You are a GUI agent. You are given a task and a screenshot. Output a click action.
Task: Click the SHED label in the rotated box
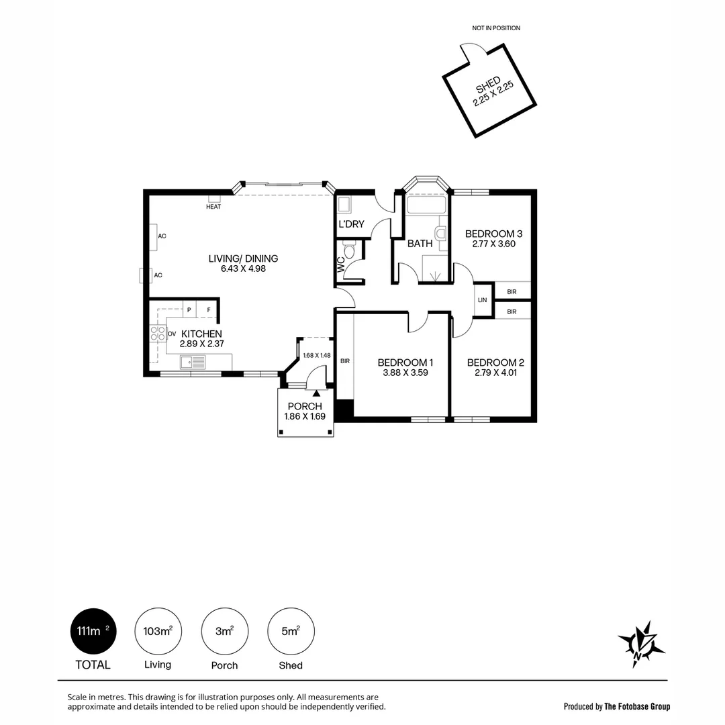[x=487, y=85]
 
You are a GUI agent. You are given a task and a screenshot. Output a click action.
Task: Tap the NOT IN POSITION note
[x=496, y=28]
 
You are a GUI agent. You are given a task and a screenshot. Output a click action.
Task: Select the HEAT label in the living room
[x=213, y=207]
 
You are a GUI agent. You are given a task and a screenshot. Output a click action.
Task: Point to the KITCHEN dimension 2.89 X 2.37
[x=201, y=344]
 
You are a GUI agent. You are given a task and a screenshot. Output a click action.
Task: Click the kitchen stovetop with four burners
[x=158, y=334]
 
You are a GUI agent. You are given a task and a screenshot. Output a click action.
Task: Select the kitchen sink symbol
[x=193, y=362]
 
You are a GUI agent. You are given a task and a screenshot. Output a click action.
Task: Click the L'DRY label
[x=351, y=224]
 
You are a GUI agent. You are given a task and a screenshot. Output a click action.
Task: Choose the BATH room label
[x=420, y=244]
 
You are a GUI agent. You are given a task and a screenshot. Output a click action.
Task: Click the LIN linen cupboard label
[x=482, y=300]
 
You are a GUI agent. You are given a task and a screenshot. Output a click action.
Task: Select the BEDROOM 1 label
[x=404, y=362]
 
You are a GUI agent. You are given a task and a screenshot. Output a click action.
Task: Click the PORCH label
[x=305, y=406]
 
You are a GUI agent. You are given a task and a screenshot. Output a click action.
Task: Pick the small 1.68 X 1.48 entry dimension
[x=316, y=356]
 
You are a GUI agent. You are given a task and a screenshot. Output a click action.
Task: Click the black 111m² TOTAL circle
[x=93, y=631]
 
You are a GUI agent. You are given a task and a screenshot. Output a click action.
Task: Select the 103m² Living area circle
[x=158, y=631]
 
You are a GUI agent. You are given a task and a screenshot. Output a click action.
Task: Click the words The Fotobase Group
[x=637, y=706]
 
